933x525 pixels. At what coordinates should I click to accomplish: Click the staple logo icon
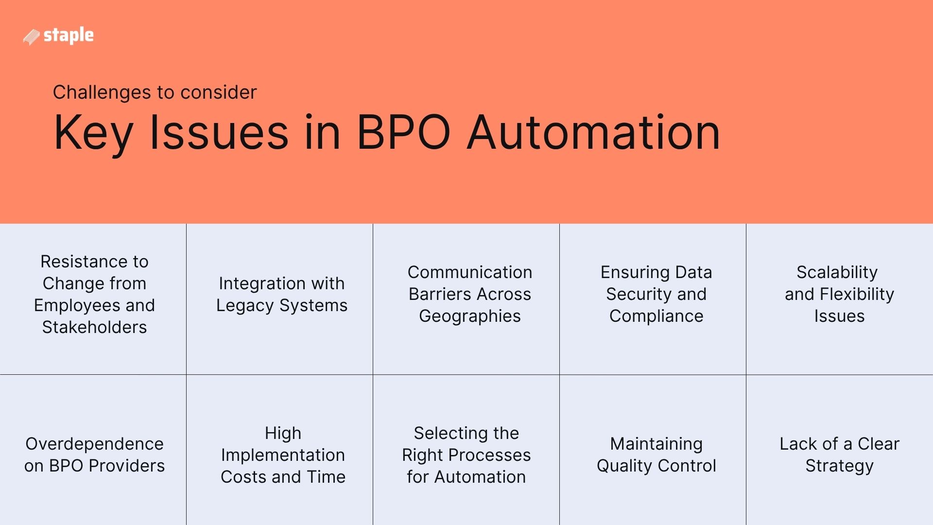point(31,37)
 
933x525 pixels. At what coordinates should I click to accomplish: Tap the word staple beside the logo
point(69,35)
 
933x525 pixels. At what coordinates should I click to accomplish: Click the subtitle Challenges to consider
point(155,92)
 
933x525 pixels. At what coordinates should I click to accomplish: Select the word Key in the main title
point(93,133)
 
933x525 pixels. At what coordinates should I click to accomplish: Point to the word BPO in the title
point(403,132)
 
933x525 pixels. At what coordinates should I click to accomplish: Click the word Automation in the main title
point(593,132)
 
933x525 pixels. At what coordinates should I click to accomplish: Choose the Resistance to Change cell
point(94,294)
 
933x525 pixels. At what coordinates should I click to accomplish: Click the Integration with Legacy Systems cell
point(282,294)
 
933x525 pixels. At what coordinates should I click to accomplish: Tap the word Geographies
point(469,316)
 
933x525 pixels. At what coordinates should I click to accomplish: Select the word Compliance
point(656,316)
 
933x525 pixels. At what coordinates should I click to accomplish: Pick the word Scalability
point(837,272)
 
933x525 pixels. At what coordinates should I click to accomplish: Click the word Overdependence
point(94,444)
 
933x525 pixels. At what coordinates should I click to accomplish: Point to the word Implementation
point(283,455)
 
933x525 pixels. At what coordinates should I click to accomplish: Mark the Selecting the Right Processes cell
point(466,455)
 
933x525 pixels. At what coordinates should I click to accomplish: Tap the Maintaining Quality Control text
point(656,455)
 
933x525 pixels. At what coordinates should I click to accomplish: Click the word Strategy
point(839,466)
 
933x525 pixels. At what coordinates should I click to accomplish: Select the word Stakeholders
point(94,327)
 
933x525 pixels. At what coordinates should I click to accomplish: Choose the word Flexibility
point(857,294)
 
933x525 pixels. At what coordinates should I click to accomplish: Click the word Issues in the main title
point(219,132)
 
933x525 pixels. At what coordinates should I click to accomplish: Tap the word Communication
point(469,272)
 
